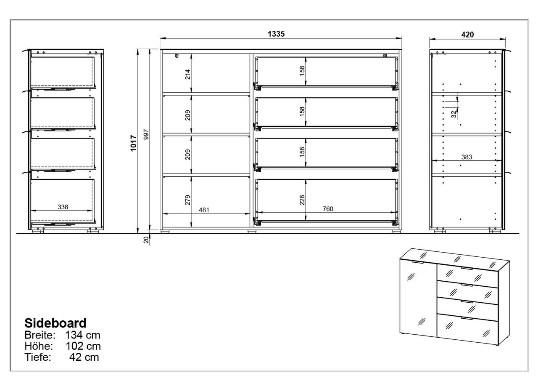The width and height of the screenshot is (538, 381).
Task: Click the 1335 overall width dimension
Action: [x=276, y=34]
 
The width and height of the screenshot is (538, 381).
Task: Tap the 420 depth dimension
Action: [x=467, y=35]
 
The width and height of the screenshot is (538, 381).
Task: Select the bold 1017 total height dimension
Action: [x=134, y=143]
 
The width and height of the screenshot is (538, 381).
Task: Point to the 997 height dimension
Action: [x=146, y=134]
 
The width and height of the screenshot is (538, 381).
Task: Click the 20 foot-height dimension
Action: [x=146, y=240]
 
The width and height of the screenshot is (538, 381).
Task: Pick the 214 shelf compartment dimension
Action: [x=187, y=75]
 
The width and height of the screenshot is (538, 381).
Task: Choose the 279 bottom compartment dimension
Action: [x=187, y=200]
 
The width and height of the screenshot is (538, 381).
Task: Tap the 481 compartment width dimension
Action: [x=204, y=210]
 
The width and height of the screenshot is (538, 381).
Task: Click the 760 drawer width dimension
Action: [x=328, y=209]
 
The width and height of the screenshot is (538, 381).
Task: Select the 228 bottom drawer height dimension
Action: [x=302, y=200]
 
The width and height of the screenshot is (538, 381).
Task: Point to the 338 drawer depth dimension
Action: [x=63, y=207]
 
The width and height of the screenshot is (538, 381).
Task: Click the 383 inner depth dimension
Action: [x=467, y=157]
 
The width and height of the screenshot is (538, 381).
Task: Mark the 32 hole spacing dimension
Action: [x=454, y=114]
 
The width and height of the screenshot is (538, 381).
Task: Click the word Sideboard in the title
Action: [x=55, y=323]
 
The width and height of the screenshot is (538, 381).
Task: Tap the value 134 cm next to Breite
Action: [x=83, y=335]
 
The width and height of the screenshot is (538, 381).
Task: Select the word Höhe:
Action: [x=39, y=346]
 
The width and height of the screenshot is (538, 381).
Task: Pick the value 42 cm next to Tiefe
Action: [x=84, y=357]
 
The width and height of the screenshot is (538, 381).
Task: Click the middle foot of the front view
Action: [x=252, y=232]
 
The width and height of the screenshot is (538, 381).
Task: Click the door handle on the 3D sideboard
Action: [x=418, y=262]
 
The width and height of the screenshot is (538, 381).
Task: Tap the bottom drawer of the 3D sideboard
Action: [x=467, y=329]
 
